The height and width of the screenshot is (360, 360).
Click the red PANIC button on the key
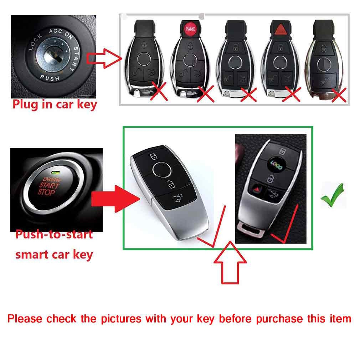[x=190, y=29]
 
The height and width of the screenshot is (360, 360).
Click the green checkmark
[x=333, y=195]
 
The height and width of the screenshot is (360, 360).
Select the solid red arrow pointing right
[x=115, y=199]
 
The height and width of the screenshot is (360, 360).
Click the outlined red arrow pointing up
[x=230, y=262]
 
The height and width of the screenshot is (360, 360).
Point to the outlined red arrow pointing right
[x=104, y=58]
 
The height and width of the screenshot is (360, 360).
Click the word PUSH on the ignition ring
[x=50, y=78]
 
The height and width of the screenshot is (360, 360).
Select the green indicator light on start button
[x=55, y=173]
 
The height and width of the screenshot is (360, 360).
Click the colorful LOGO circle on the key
[x=276, y=164]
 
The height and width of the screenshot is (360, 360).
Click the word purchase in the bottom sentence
[x=279, y=319]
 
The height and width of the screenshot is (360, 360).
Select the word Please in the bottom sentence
[x=25, y=319]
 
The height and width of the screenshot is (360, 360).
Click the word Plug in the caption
[x=25, y=105]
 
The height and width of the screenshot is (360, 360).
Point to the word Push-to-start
[x=54, y=235]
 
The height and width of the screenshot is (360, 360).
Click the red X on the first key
[x=159, y=91]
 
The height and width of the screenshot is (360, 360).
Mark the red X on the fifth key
[x=339, y=95]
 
